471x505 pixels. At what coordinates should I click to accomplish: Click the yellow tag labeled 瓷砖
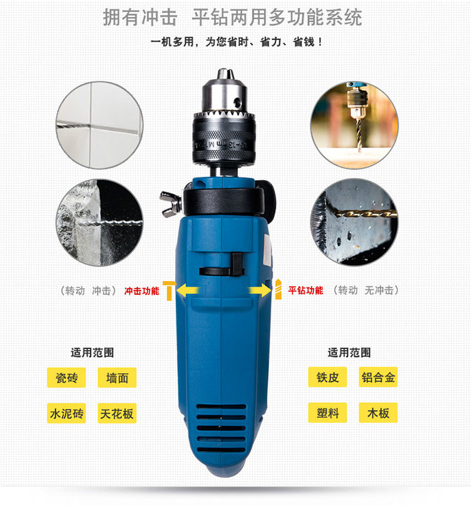click(67, 378)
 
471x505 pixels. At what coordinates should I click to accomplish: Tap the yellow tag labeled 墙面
click(117, 378)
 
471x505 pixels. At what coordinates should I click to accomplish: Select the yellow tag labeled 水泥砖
click(67, 413)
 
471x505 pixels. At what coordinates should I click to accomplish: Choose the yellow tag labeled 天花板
click(117, 413)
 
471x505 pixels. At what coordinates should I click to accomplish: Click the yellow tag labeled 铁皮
click(328, 377)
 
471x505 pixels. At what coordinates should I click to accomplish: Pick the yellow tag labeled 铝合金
click(378, 377)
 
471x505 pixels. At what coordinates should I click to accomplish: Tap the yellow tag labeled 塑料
click(328, 413)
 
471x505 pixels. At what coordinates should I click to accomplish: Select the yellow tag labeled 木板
click(378, 413)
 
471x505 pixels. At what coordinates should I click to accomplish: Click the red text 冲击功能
click(142, 291)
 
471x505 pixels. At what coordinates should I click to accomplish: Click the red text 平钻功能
click(306, 290)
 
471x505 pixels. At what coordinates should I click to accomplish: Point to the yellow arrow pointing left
click(188, 290)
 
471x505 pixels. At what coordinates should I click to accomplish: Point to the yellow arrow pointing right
click(260, 290)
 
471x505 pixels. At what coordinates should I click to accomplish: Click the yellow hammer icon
click(169, 290)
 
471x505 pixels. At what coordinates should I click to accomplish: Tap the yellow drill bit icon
click(278, 289)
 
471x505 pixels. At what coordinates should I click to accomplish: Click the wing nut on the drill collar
click(170, 204)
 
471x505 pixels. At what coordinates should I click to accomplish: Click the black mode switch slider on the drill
click(237, 263)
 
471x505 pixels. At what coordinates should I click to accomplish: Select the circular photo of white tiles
click(100, 125)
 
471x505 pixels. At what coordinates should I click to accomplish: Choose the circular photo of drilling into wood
click(354, 125)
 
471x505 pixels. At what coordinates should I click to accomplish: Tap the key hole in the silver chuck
click(237, 103)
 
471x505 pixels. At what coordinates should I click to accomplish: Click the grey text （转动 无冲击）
click(365, 290)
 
